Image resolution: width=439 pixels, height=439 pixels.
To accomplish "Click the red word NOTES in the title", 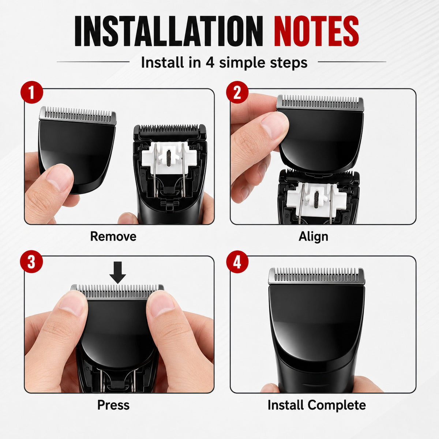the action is coord(316,31).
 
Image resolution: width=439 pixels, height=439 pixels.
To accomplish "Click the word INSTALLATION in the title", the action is coord(169,31).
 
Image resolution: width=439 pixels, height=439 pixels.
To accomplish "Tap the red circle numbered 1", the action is coord(32,92).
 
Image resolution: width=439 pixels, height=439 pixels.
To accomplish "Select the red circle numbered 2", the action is coord(237,92).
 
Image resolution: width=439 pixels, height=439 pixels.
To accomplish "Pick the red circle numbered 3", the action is coord(31,262).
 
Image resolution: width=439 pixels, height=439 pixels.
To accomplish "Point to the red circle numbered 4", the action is coord(237,262).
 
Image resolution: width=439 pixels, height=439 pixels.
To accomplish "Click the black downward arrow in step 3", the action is coord(117,273).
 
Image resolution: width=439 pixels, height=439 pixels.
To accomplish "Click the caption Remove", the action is coord(113,236).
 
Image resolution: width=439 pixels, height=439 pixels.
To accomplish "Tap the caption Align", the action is coord(313,237).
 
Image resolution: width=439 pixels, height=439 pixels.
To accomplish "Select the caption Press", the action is coord(113,405).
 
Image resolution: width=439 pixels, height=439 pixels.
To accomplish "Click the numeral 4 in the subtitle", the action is coord(210,63).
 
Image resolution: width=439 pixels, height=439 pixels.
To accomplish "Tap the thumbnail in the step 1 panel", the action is coord(59,177).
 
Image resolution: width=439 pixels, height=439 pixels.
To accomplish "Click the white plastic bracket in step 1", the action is coord(170,158).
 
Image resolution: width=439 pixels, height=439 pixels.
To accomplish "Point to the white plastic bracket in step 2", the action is coord(317,197).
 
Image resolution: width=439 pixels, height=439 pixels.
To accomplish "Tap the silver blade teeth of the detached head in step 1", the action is coord(78,115).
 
